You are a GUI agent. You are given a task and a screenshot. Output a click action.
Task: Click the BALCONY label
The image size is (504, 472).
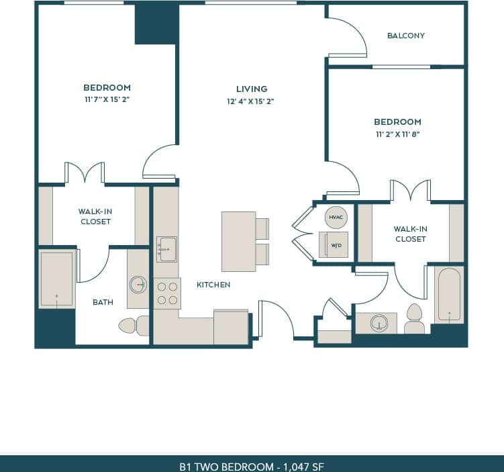[406, 36]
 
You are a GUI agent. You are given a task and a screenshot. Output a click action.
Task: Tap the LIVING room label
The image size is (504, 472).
[252, 89]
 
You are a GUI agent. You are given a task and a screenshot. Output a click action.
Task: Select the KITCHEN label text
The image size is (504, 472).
[213, 285]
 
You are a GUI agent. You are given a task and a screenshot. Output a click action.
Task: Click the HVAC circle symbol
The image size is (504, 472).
[336, 217]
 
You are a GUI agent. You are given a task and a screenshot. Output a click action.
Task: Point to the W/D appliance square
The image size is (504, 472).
[334, 244]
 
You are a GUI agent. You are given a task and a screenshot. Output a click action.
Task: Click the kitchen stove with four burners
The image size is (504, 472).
[166, 293]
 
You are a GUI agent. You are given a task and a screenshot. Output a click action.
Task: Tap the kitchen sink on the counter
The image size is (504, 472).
[166, 249]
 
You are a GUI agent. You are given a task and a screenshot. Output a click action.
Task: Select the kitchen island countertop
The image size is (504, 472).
[238, 241]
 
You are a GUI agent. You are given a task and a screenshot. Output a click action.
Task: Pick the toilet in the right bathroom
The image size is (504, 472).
[414, 320]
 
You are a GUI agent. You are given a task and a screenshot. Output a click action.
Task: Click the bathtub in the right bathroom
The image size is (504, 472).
[449, 294]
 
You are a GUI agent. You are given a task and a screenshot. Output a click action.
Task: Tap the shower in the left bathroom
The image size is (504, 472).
[56, 279]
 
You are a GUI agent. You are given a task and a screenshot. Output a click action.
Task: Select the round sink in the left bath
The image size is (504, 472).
[138, 285]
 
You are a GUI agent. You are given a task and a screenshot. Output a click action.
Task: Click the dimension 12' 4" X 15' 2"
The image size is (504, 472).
[252, 101]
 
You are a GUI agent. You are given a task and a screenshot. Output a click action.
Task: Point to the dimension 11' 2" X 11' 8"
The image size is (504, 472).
[397, 134]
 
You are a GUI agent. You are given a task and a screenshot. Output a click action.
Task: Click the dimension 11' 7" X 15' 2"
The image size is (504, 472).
[107, 100]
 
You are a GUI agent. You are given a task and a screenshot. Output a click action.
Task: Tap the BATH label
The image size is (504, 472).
[103, 302]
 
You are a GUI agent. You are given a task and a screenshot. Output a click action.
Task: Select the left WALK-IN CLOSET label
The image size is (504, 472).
[95, 216]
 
